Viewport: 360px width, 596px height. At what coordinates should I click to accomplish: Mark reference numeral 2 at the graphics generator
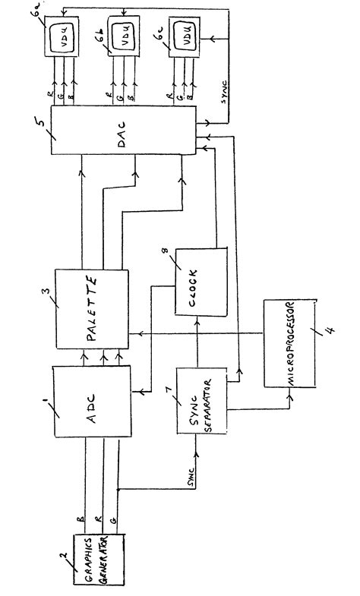tap(64, 528)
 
